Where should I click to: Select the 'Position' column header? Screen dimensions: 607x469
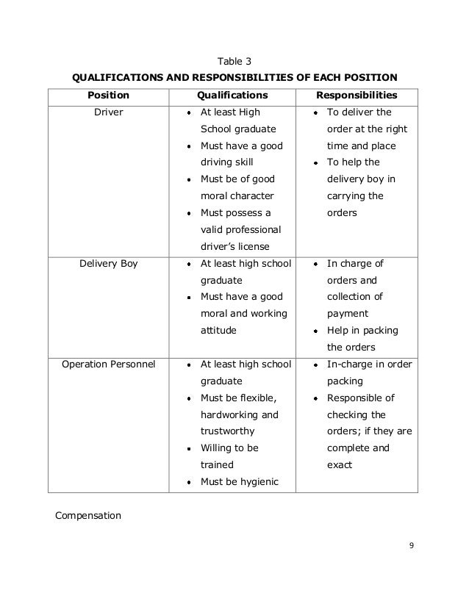click(108, 96)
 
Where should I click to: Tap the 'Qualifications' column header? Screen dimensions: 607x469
click(232, 96)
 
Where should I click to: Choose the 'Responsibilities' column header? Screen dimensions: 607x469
click(357, 96)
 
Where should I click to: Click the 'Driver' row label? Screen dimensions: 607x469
click(109, 112)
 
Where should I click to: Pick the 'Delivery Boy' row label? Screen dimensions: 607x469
click(108, 263)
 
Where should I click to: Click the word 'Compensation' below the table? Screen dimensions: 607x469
click(88, 516)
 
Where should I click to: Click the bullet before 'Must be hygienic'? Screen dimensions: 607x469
click(190, 482)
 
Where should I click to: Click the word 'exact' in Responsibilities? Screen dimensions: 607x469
click(340, 465)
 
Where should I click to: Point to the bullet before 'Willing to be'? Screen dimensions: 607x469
click(190, 448)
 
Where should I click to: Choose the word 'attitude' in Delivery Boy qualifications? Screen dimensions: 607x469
click(219, 331)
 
